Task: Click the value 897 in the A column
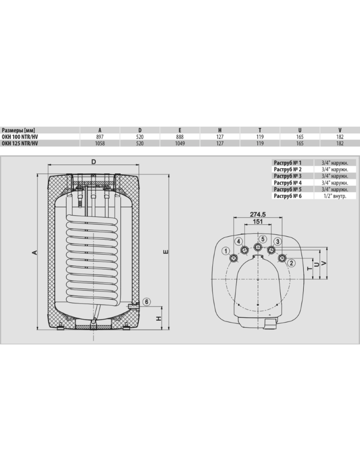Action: pyautogui.click(x=99, y=137)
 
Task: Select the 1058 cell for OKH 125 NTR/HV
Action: pyautogui.click(x=99, y=144)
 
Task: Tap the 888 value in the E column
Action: pyautogui.click(x=180, y=137)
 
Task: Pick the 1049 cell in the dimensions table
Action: pyautogui.click(x=180, y=144)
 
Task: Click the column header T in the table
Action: pyautogui.click(x=260, y=130)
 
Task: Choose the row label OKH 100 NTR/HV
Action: pyautogui.click(x=19, y=137)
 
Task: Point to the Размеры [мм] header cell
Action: pyautogui.click(x=18, y=130)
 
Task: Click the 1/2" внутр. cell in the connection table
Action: pyautogui.click(x=334, y=196)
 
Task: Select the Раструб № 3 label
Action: pyautogui.click(x=288, y=176)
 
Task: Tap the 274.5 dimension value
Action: pyautogui.click(x=258, y=214)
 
